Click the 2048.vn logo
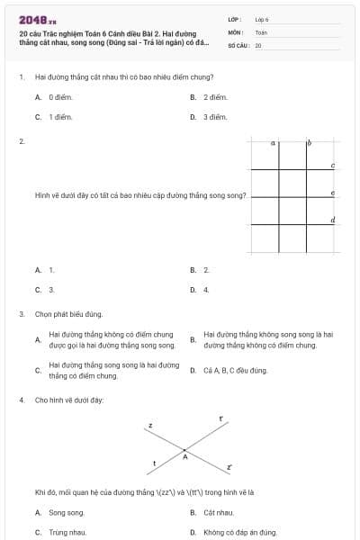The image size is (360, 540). (x=37, y=19)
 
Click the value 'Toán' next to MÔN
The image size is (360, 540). (x=261, y=31)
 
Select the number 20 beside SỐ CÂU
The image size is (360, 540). (x=258, y=44)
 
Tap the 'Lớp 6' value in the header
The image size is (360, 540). (x=262, y=19)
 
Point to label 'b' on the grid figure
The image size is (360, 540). (x=309, y=142)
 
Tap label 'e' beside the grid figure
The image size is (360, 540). (x=333, y=193)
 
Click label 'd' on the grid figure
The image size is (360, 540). (x=333, y=220)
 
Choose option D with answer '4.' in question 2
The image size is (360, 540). (x=206, y=290)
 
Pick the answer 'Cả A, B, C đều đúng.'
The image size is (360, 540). (x=236, y=370)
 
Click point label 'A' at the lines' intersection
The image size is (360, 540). (x=185, y=457)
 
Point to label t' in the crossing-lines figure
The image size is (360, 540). (x=220, y=418)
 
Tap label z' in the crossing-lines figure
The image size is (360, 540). (x=229, y=467)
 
